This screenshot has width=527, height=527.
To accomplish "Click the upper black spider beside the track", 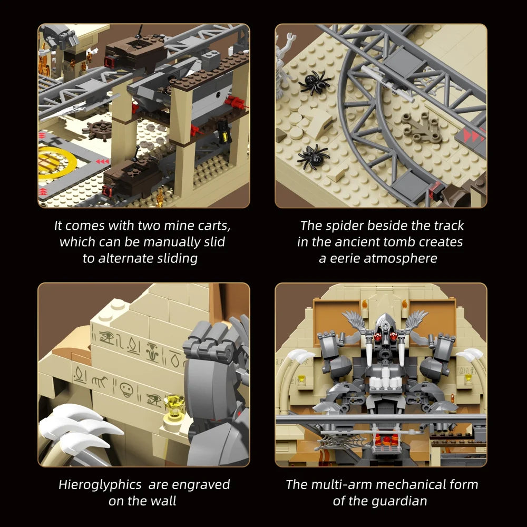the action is pos(314,82).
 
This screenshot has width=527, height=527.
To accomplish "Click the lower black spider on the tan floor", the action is pos(313,157).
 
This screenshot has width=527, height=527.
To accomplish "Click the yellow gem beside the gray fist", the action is pos(174,405).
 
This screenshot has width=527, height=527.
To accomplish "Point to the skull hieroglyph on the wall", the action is pos(127,389).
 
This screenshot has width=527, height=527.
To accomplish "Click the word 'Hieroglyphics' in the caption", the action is pos(100,485).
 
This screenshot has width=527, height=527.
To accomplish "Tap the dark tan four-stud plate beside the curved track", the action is pos(421,127).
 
